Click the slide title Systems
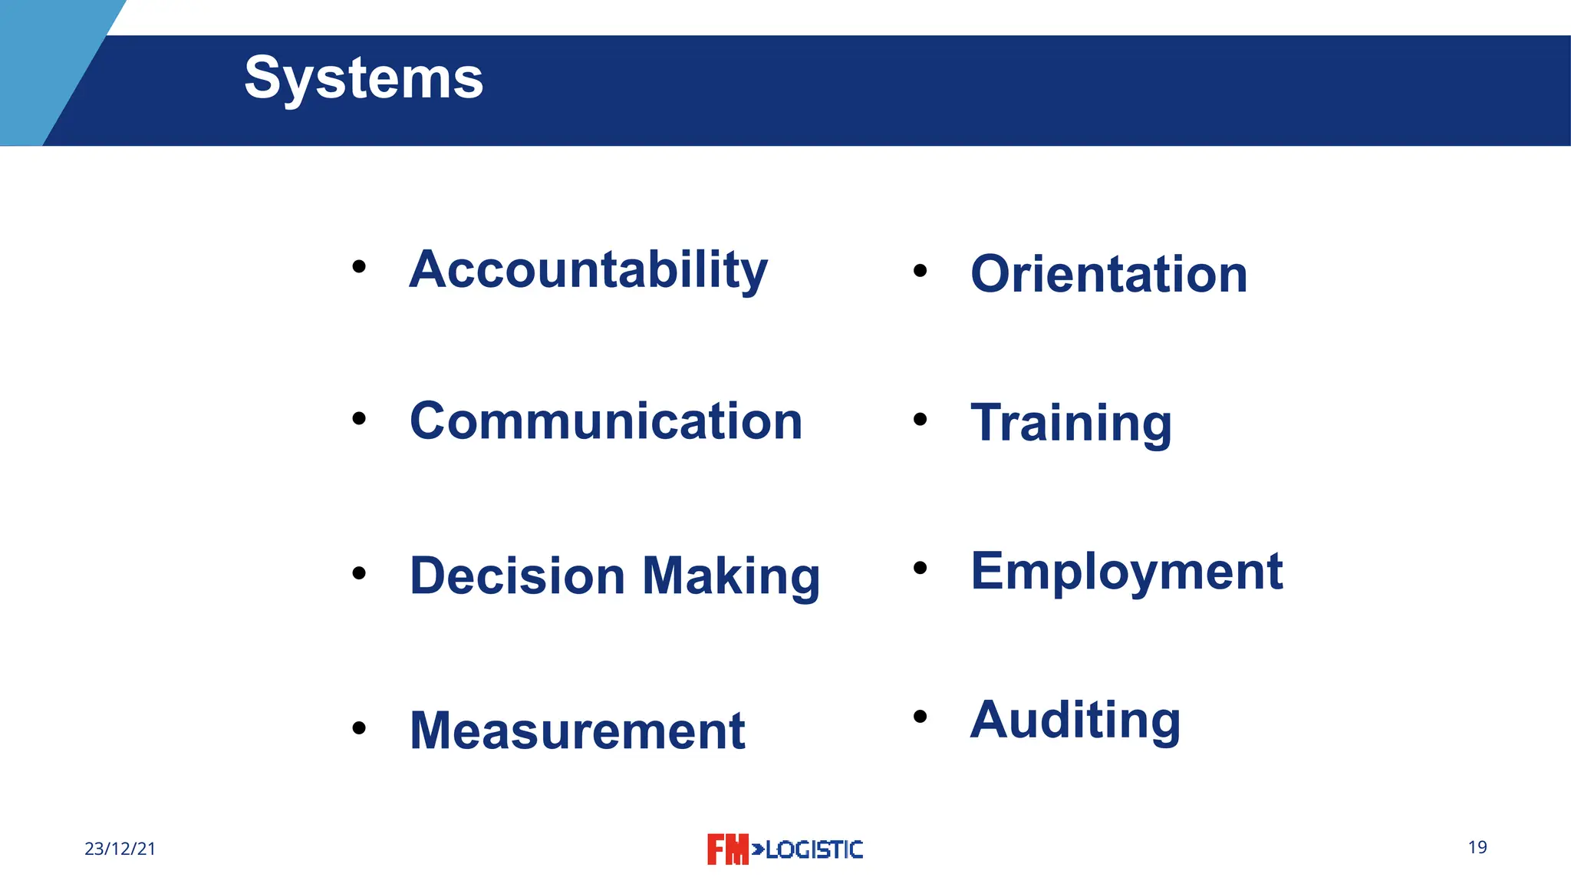(x=364, y=78)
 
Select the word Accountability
(x=588, y=270)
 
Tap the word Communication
(x=606, y=421)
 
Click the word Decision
(x=518, y=576)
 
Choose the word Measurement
(x=577, y=731)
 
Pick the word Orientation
(x=1108, y=274)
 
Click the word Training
(x=1071, y=423)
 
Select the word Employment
(x=1126, y=572)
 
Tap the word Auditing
(x=1075, y=720)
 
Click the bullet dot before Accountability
(x=359, y=267)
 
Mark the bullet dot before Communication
(x=359, y=419)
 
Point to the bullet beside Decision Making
(x=359, y=573)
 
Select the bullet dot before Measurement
(x=359, y=727)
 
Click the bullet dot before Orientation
(x=921, y=270)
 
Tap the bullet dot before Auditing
(x=921, y=717)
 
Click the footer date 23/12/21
(x=120, y=849)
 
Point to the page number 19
(x=1477, y=847)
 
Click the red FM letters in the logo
(x=727, y=849)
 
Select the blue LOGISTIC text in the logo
(x=814, y=849)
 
